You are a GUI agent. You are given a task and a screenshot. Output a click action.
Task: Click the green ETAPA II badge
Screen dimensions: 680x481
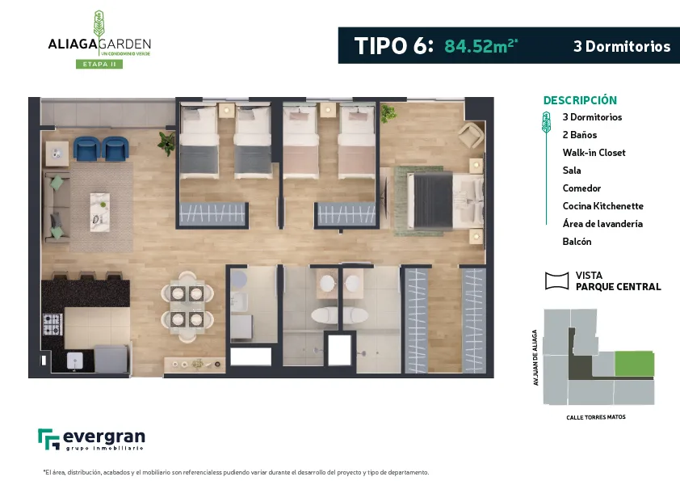click(99, 64)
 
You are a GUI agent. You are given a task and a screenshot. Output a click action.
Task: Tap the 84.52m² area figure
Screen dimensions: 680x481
click(481, 45)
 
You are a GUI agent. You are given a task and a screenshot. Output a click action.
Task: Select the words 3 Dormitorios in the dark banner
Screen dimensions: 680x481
click(622, 46)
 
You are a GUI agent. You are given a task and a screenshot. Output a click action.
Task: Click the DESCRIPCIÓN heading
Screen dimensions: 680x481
click(580, 100)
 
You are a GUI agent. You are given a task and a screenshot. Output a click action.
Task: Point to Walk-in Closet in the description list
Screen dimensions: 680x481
click(594, 153)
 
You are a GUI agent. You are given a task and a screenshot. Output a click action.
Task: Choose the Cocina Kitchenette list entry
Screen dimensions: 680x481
click(602, 206)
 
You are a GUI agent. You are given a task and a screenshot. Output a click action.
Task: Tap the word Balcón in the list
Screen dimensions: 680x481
click(577, 242)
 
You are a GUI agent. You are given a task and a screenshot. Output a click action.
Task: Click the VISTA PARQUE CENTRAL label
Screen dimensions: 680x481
click(618, 281)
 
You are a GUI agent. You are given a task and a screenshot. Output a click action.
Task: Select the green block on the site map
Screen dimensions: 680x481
click(635, 364)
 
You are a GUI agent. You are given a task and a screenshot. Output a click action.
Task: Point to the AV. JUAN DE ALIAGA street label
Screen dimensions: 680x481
click(535, 357)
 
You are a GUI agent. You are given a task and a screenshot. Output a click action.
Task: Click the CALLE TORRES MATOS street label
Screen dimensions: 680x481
click(596, 417)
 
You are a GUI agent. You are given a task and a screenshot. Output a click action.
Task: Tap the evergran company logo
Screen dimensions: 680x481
click(91, 439)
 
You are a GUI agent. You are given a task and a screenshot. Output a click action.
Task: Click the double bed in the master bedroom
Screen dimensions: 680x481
click(445, 200)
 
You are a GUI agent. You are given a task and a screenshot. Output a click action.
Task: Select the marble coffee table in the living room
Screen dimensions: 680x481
click(100, 213)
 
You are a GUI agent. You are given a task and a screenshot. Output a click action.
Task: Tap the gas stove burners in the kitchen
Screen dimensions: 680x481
click(53, 324)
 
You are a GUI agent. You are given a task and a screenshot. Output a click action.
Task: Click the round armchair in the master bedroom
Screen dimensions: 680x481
click(471, 135)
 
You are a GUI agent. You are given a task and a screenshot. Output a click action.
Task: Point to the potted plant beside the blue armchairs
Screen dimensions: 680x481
click(166, 143)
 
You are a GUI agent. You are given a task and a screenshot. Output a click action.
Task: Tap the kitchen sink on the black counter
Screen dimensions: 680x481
click(75, 361)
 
